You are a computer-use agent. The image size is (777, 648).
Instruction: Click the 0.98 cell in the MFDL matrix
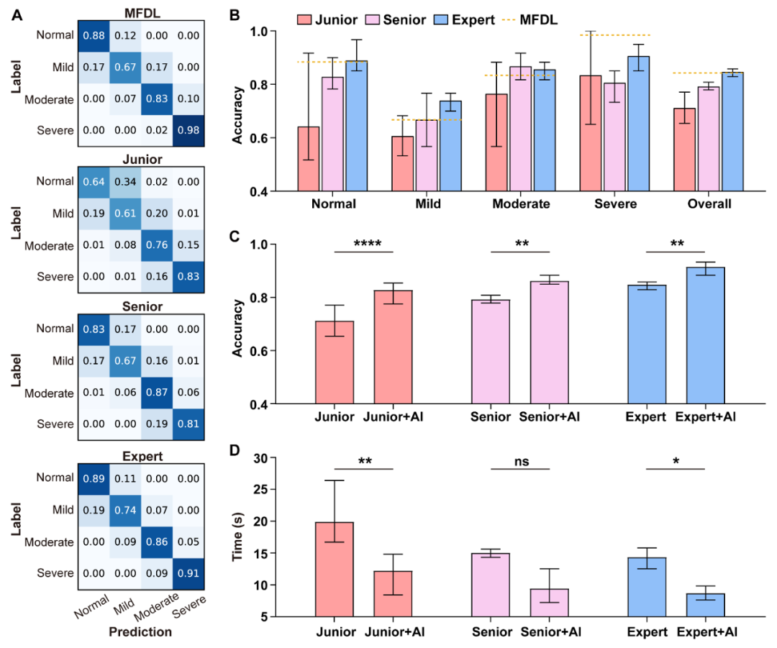click(189, 130)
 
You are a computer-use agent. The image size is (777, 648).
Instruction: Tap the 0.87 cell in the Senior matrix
click(156, 393)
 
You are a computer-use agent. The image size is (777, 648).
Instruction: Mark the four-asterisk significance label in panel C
click(364, 243)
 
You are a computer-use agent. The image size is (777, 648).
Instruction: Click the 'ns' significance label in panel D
click(519, 462)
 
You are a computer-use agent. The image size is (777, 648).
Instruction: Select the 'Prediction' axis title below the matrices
click(140, 631)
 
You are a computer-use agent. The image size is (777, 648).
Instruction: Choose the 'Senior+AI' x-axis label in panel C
click(549, 417)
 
